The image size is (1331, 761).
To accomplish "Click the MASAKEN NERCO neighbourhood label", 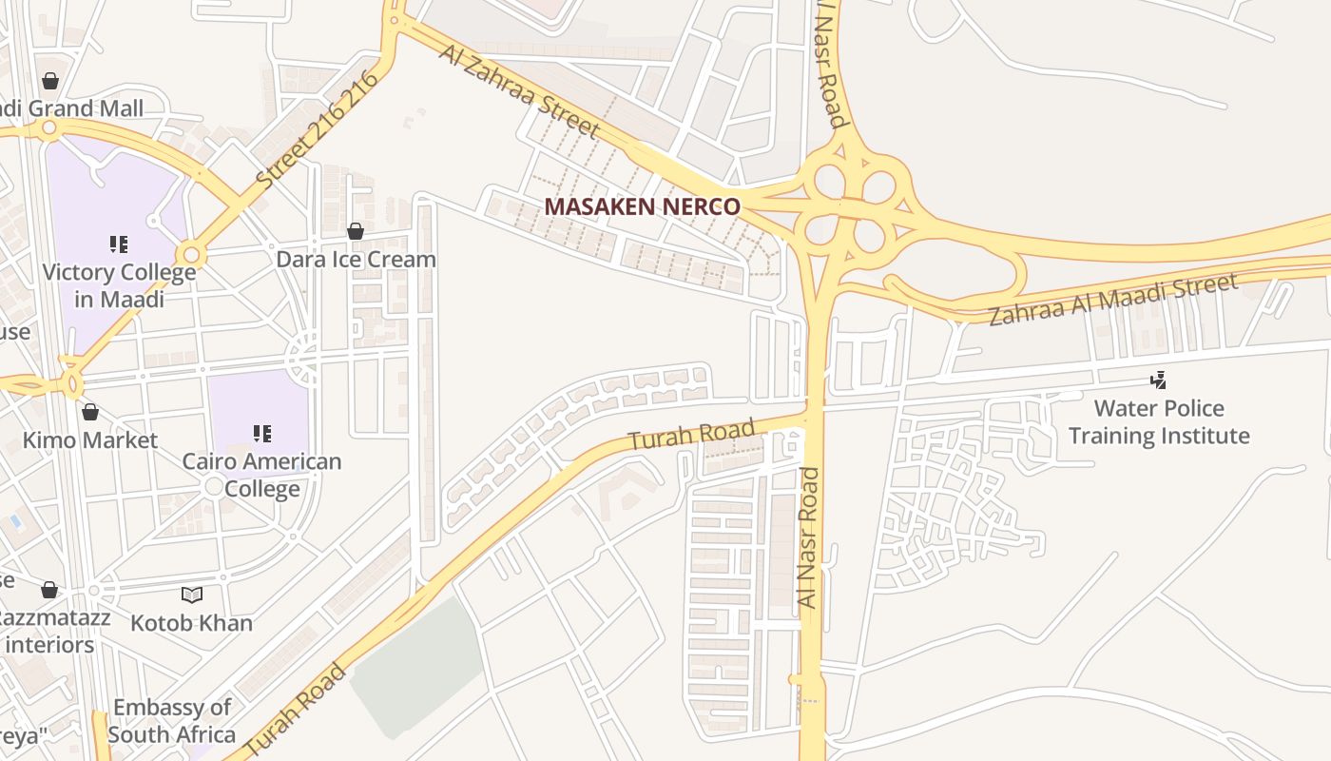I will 642,206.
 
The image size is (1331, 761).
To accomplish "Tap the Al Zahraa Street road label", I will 519,91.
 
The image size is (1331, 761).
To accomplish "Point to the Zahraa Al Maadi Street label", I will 1113,298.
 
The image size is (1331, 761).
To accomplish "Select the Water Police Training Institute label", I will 1159,422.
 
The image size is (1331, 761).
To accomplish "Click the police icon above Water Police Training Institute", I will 1158,380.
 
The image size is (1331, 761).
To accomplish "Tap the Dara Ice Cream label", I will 356,259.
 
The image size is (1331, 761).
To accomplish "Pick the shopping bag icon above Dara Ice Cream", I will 356,231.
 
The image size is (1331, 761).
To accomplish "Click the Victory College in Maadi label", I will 119,285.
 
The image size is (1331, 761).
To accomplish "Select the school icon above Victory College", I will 118,244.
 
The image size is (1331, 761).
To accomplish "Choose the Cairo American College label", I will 261,475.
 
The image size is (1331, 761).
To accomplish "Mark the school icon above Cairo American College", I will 261,434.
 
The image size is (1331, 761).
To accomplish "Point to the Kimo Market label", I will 90,440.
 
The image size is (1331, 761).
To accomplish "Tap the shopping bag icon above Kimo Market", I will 90,412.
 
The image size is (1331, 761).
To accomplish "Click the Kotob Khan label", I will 191,623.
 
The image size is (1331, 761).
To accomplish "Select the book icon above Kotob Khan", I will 192,595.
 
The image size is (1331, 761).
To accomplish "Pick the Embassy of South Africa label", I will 171,721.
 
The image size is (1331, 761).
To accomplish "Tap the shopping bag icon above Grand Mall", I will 50,81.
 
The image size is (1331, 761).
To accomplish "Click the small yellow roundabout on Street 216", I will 192,255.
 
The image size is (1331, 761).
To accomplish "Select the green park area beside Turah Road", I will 418,666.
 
